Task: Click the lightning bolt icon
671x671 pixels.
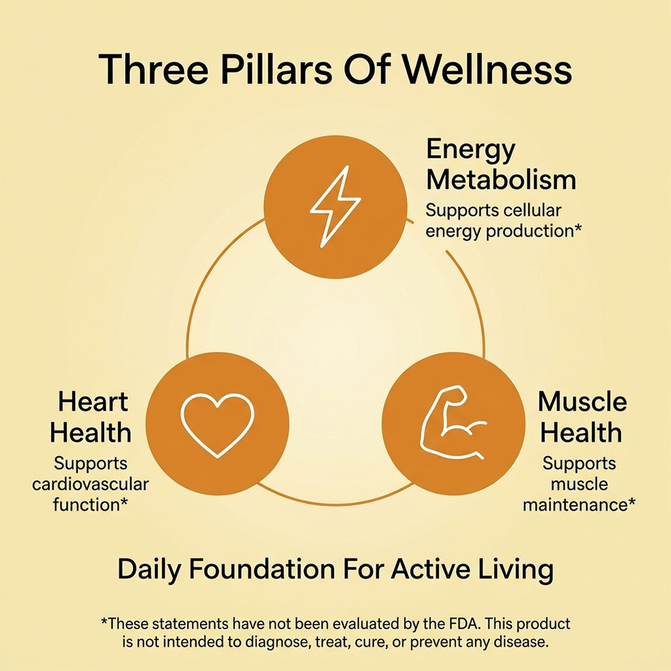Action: coord(335,207)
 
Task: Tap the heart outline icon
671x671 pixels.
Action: coord(217,425)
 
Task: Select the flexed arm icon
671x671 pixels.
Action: coord(453,423)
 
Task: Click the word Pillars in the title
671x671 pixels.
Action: coord(276,69)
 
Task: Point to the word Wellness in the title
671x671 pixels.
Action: coord(487,69)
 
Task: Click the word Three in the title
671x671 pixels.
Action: coord(154,69)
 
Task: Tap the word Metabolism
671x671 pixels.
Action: coord(501,180)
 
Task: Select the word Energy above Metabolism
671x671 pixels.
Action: coord(471,150)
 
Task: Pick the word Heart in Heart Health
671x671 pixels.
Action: coord(93,402)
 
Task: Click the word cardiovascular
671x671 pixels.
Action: coord(91,484)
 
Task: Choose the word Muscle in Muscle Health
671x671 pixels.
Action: coord(582,402)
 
